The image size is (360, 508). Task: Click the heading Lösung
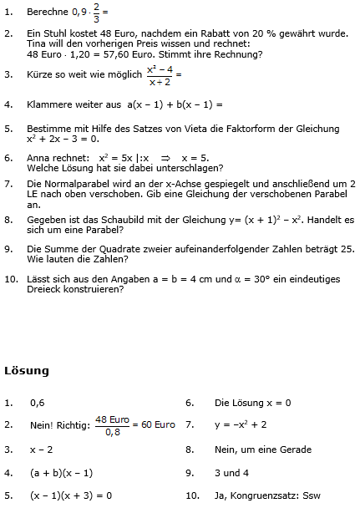[x=27, y=370]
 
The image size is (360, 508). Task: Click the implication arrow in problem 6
[x=165, y=156]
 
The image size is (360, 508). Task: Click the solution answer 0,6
[x=37, y=402]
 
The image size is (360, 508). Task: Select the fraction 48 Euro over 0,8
[x=112, y=425]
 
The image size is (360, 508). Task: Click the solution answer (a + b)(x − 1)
[x=61, y=472]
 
